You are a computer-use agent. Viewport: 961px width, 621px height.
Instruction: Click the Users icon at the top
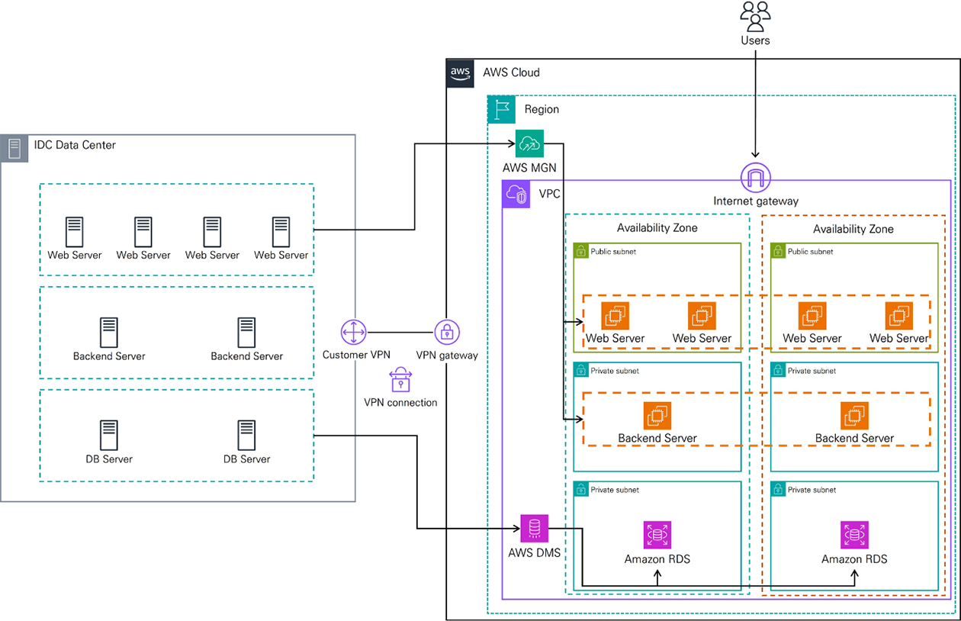point(755,15)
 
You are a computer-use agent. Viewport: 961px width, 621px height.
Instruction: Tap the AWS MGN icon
point(529,143)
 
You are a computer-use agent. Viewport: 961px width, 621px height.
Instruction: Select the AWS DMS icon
point(534,528)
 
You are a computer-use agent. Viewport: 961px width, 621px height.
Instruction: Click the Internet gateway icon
point(755,179)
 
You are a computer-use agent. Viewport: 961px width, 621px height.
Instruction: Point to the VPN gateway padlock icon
point(447,333)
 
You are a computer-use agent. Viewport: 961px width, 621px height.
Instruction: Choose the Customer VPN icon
point(355,333)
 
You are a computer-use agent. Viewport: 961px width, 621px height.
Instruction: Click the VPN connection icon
point(400,380)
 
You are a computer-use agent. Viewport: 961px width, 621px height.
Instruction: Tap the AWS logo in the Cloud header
point(460,72)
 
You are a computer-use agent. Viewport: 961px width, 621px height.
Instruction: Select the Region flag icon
point(501,109)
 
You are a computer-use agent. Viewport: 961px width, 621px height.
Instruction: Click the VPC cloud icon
point(516,195)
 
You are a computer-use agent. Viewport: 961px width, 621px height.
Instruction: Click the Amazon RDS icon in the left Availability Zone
point(657,535)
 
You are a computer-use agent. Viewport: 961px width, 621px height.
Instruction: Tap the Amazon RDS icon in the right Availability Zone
point(854,535)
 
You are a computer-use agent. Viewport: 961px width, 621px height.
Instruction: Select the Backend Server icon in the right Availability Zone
point(854,416)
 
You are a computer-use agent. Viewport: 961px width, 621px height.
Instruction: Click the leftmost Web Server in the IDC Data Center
point(74,231)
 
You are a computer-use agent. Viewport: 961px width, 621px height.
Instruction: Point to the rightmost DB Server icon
point(246,435)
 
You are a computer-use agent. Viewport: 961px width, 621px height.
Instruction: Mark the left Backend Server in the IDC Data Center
point(109,333)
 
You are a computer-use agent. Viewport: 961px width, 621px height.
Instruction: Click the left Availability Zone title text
point(657,228)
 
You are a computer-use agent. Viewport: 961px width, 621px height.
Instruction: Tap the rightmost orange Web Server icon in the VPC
point(898,316)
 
